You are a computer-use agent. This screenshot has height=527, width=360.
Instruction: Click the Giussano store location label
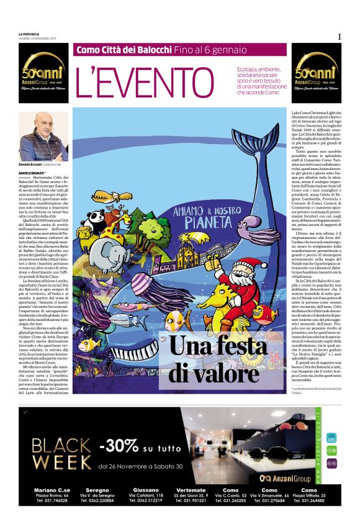[146, 490]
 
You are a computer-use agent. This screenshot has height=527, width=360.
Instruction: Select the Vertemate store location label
[191, 490]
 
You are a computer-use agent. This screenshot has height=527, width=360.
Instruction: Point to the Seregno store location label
[97, 490]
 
